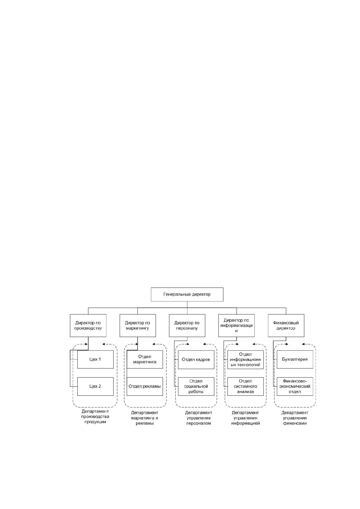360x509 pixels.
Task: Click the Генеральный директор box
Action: [187, 294]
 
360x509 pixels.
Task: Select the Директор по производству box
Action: [88, 326]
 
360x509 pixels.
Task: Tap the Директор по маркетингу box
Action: [138, 326]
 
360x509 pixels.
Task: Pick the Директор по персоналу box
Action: [187, 326]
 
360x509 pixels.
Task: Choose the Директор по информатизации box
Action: [236, 326]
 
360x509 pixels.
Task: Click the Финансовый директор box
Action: [286, 326]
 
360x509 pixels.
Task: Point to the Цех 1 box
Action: [95, 359]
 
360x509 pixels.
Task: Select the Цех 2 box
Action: [95, 386]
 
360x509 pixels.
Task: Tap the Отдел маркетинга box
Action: [144, 359]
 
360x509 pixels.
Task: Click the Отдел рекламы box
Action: [144, 386]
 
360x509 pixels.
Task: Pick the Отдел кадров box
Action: [196, 359]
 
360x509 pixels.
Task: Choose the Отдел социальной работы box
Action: [196, 386]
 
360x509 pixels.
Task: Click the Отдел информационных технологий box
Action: [245, 359]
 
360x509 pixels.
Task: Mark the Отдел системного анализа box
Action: [245, 386]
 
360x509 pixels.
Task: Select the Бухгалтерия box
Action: [295, 359]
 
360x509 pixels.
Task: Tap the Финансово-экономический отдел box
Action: [295, 386]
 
